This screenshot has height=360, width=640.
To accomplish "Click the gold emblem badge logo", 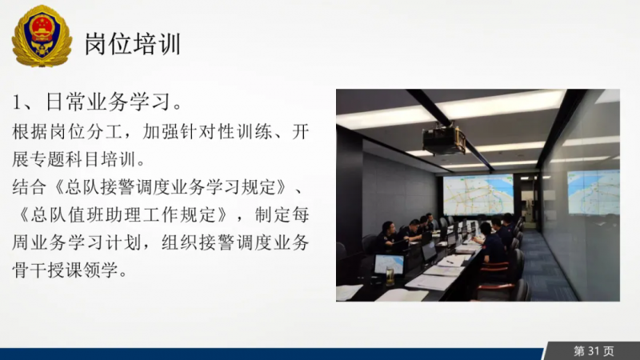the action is pos(42,36).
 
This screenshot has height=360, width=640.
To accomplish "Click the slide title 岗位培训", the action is pos(133,44).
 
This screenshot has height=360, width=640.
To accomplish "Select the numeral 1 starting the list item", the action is pos(16,102).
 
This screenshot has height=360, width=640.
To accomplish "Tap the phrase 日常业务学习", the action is pos(108,102).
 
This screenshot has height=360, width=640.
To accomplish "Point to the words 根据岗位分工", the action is pos(67,132).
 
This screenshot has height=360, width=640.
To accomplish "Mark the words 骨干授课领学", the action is pos(66,270).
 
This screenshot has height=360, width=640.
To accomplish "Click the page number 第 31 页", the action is pos(594,351).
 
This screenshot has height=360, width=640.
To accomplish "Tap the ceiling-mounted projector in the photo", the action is pos(444,139).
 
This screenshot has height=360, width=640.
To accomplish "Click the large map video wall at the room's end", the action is pos(478,195).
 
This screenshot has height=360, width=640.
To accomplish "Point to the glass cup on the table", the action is pos(390,276).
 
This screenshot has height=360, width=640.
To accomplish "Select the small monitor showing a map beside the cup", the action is pos(389,265).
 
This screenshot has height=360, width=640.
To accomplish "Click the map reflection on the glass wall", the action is pos(593,192).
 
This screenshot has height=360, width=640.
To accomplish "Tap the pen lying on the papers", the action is pos(450,262).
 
